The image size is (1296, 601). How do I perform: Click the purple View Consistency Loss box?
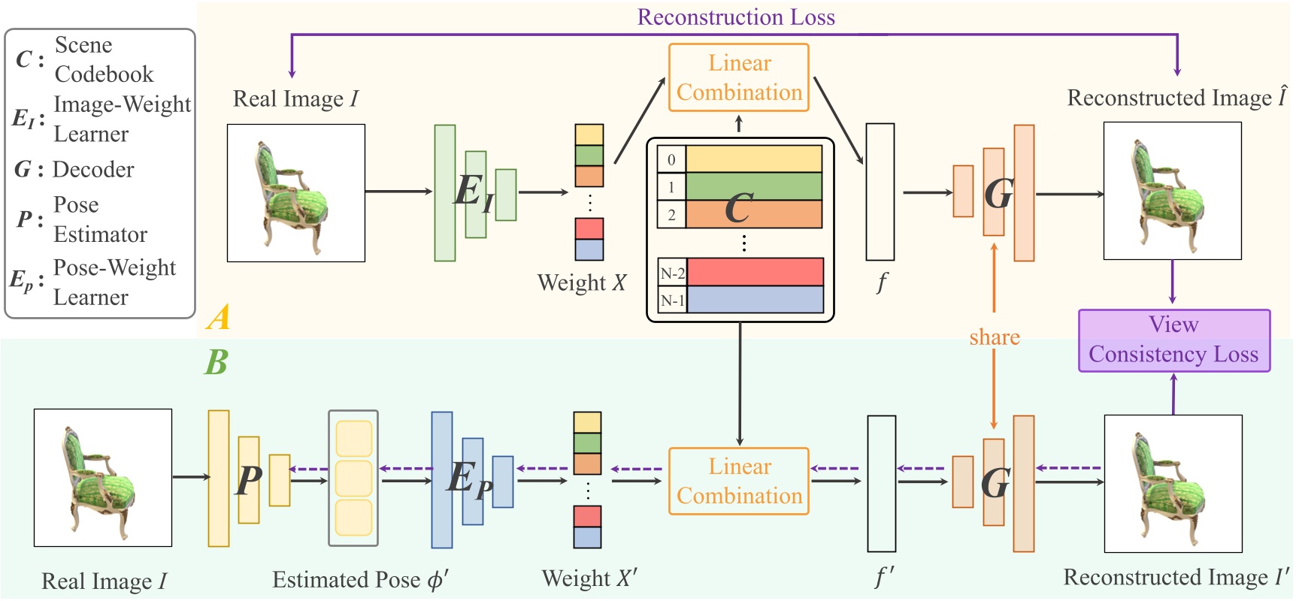pyautogui.click(x=1173, y=340)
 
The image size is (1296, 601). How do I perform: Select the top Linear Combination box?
pyautogui.click(x=738, y=77)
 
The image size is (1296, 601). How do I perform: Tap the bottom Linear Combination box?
pyautogui.click(x=738, y=481)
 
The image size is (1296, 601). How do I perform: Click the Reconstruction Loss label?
pyautogui.click(x=735, y=17)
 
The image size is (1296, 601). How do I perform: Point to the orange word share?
pyautogui.click(x=994, y=337)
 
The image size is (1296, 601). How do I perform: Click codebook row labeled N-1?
pyautogui.click(x=755, y=300)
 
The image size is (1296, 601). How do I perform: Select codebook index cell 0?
pyautogui.click(x=671, y=159)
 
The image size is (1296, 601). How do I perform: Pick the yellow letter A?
pyautogui.click(x=219, y=317)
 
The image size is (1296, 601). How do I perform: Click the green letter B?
pyautogui.click(x=217, y=363)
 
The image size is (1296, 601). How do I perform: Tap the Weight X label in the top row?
pyautogui.click(x=581, y=283)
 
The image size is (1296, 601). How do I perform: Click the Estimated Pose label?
pyautogui.click(x=360, y=580)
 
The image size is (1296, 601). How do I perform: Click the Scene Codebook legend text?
pyautogui.click(x=103, y=59)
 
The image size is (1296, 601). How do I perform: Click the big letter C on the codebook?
pyautogui.click(x=738, y=208)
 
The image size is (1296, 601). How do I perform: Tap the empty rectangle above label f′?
pyautogui.click(x=881, y=484)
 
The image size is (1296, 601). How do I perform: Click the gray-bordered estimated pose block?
pyautogui.click(x=353, y=478)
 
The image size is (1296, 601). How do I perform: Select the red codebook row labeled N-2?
pyautogui.click(x=755, y=272)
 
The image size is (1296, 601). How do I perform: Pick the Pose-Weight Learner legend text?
pyautogui.click(x=114, y=282)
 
